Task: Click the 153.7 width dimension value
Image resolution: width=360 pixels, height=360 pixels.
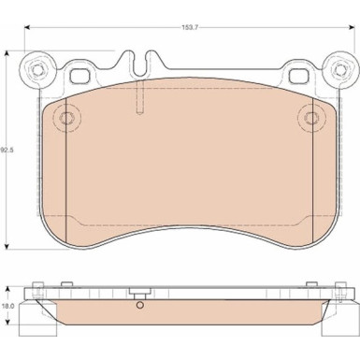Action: click(190, 27)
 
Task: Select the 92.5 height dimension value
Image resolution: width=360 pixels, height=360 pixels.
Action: click(7, 150)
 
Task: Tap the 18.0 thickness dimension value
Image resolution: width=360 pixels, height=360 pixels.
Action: click(8, 306)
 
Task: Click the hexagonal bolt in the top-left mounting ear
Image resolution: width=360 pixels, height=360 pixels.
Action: click(37, 68)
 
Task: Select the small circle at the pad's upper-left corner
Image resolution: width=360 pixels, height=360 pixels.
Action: click(65, 118)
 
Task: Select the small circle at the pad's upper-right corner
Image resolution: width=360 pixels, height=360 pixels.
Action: click(310, 117)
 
